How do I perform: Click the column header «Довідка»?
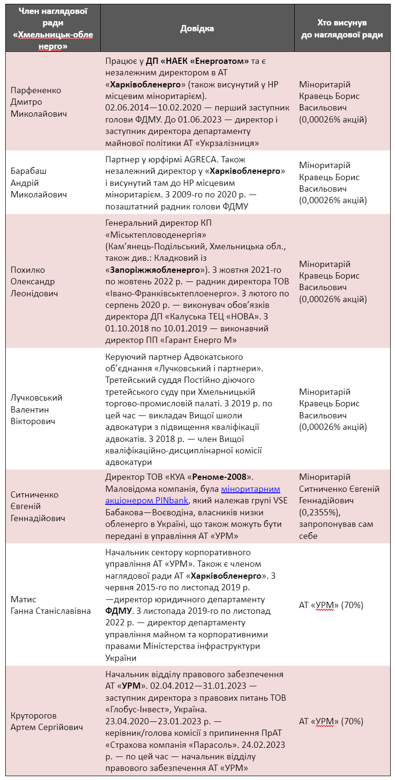pyautogui.click(x=197, y=28)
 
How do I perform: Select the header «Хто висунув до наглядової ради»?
pyautogui.click(x=342, y=28)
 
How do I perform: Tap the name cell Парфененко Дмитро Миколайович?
pyautogui.click(x=38, y=102)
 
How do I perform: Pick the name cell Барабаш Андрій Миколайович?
pyautogui.click(x=38, y=183)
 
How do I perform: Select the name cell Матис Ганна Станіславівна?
pyautogui.click(x=50, y=605)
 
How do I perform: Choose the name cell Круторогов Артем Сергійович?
pyautogui.click(x=47, y=721)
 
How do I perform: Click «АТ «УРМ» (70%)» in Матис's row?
pyautogui.click(x=331, y=605)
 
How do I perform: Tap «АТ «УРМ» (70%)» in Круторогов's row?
pyautogui.click(x=331, y=721)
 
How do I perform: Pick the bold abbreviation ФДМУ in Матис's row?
pyautogui.click(x=119, y=611)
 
